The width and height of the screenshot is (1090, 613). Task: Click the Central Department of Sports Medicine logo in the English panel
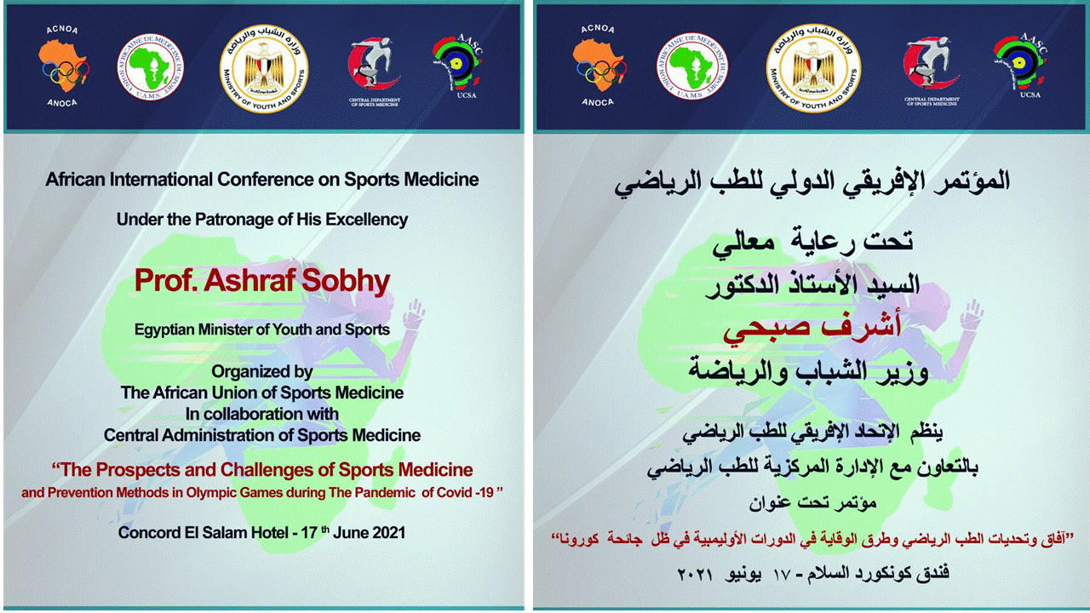374,72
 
